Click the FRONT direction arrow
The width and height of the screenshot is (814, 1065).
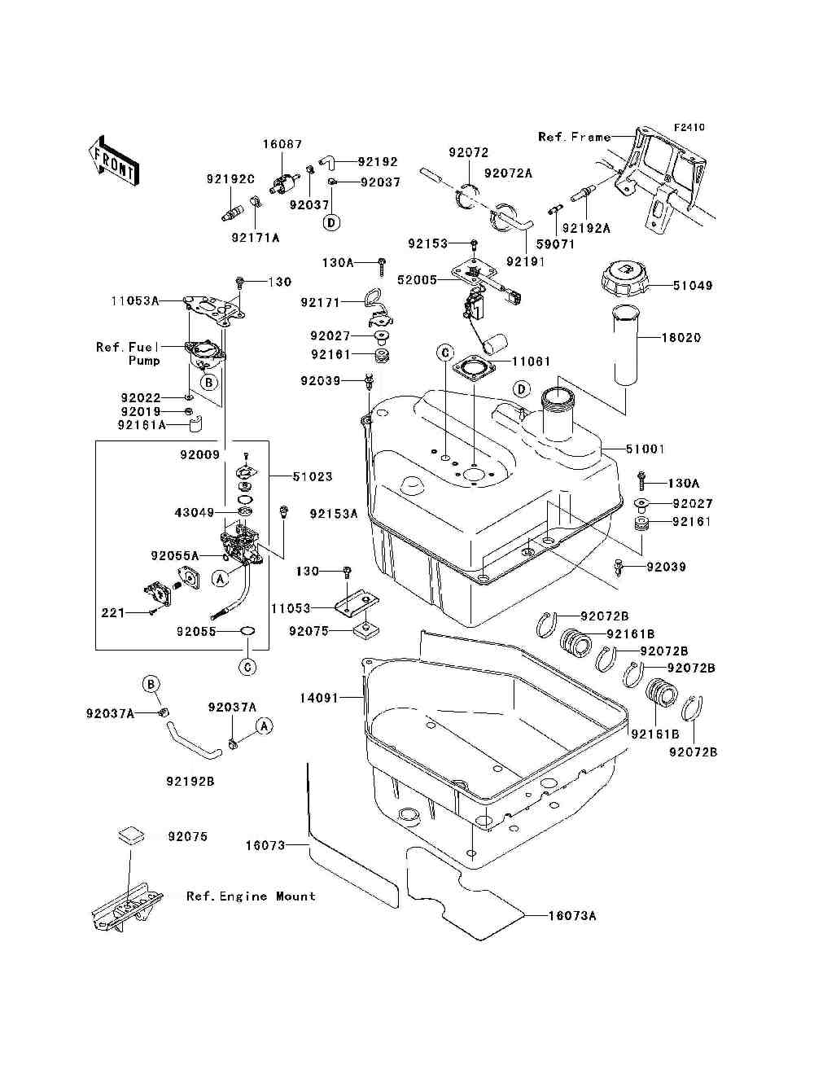click(x=114, y=160)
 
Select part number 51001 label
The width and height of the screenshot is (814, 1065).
click(x=646, y=449)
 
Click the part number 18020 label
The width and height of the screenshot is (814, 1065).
click(x=681, y=337)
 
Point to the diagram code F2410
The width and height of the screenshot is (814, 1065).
click(x=689, y=128)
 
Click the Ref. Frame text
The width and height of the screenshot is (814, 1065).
click(x=575, y=138)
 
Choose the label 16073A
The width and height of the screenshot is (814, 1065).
click(x=572, y=916)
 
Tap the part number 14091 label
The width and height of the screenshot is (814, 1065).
click(x=319, y=698)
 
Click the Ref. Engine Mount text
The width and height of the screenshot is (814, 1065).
click(x=251, y=896)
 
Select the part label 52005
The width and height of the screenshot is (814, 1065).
click(x=418, y=280)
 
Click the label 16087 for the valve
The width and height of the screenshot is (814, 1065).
click(x=282, y=144)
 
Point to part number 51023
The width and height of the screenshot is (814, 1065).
click(x=313, y=476)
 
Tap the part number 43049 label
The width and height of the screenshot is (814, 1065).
click(x=195, y=512)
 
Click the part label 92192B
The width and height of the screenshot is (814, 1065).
click(x=190, y=782)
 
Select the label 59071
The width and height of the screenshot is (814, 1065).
click(x=555, y=244)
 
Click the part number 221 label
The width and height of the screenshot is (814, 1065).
click(x=113, y=613)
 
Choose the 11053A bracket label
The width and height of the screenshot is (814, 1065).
click(x=135, y=300)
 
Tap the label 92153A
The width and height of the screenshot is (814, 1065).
click(x=334, y=513)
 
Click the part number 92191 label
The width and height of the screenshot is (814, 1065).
click(x=525, y=261)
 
